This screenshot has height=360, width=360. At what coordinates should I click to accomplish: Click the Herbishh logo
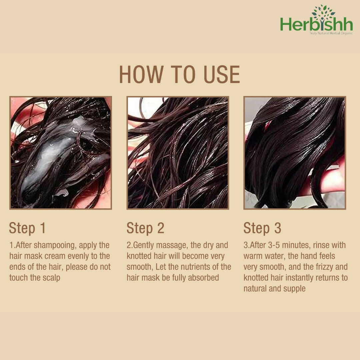point(316,20)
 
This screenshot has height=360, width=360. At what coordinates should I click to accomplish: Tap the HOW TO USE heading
point(180,75)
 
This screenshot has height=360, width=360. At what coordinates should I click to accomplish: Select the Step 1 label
point(27,228)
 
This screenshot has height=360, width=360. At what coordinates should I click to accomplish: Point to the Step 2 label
point(145,228)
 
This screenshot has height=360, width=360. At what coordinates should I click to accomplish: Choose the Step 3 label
point(262,228)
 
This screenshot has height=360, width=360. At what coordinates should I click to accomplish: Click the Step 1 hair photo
point(61,153)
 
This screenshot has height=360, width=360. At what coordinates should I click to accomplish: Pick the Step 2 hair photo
point(178,153)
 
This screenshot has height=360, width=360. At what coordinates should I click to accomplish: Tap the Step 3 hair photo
point(295,153)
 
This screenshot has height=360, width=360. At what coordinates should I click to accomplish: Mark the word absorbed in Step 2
point(203,278)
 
